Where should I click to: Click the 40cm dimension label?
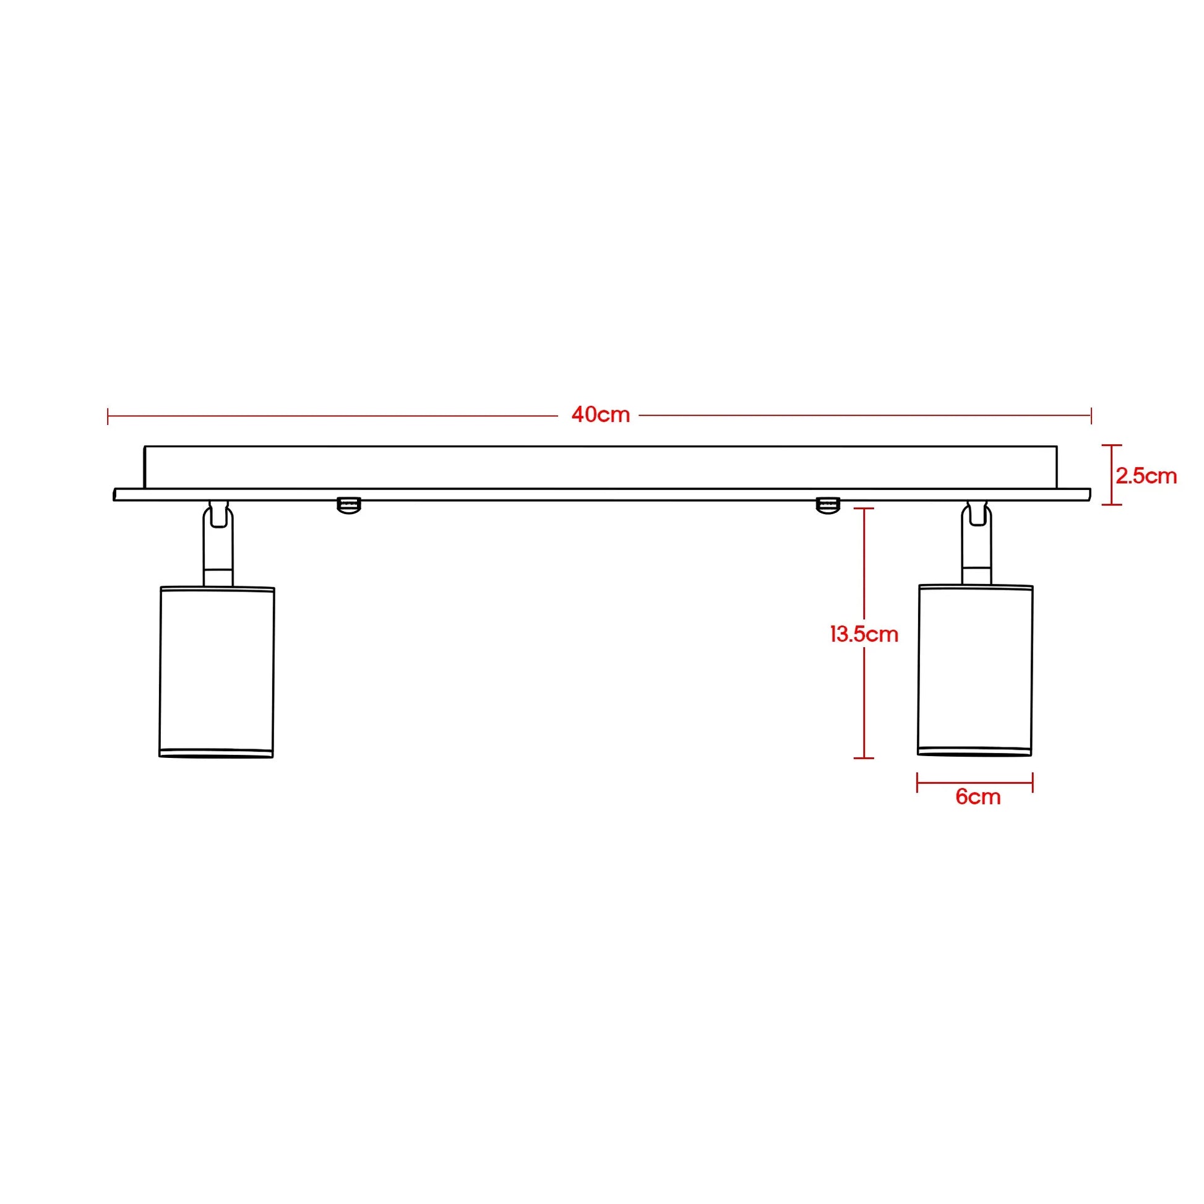click(x=600, y=415)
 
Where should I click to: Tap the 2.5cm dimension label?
click(x=1145, y=476)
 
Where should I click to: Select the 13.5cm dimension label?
click(x=864, y=634)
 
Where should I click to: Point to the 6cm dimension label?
click(x=978, y=797)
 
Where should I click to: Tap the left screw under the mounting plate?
click(x=349, y=505)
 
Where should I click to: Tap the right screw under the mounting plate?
click(x=828, y=505)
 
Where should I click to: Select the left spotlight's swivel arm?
click(x=218, y=542)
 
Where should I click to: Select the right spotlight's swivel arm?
click(x=976, y=541)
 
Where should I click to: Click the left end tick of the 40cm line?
click(x=108, y=416)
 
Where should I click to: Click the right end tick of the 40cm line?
click(x=1091, y=416)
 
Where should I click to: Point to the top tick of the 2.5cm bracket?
click(x=1111, y=445)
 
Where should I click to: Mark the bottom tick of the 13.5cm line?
click(x=863, y=758)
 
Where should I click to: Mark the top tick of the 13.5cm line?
click(x=863, y=509)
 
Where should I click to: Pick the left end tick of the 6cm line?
click(x=918, y=783)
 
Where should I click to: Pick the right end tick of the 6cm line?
click(x=1033, y=783)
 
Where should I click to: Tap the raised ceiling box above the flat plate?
click(x=600, y=467)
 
